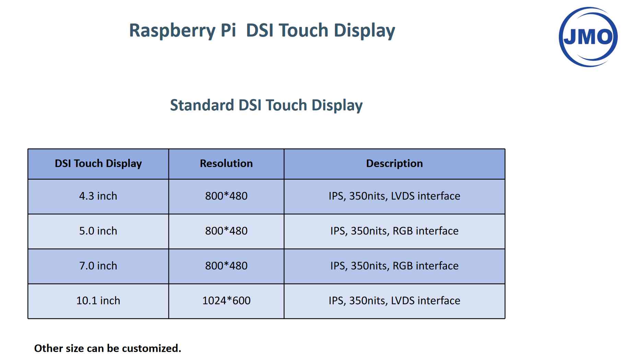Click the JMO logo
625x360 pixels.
pos(588,37)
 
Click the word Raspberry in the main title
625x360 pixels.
pos(172,31)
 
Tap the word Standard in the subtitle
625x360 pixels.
pos(202,105)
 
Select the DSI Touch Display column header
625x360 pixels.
pos(98,164)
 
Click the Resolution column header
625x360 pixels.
pos(226,164)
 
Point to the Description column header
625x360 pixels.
pos(394,164)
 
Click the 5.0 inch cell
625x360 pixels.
pos(98,231)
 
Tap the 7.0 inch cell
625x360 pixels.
pos(98,266)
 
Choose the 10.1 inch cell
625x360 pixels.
pos(98,301)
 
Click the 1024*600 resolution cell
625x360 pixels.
pos(226,301)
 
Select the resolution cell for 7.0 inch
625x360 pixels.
pos(226,266)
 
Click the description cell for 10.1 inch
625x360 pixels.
pos(394,301)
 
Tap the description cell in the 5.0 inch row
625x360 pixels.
pos(394,231)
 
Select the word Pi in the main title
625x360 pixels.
pos(228,30)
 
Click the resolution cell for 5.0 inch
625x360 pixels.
pos(226,231)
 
